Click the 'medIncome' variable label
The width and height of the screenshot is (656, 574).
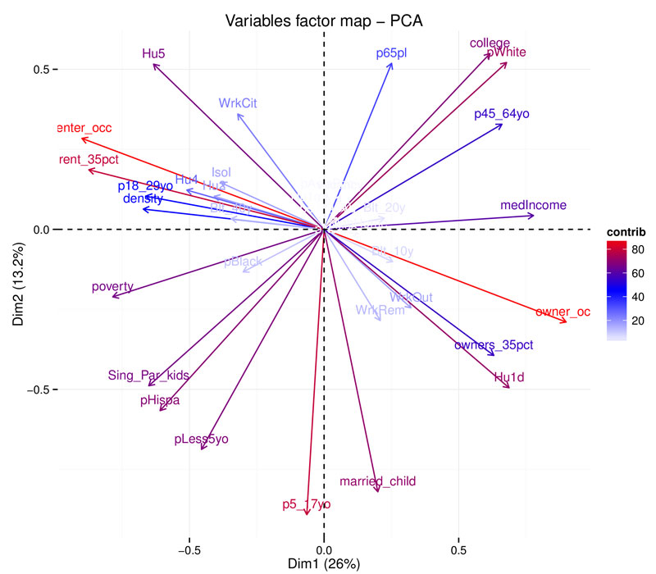coord(533,205)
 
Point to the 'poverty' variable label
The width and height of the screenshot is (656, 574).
coord(113,286)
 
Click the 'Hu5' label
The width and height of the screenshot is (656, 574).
coord(153,54)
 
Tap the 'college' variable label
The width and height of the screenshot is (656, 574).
coord(490,43)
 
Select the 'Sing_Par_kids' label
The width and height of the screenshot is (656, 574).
coord(148,376)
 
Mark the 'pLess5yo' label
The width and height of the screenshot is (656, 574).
coord(201,440)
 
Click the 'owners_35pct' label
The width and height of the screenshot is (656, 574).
coord(494,345)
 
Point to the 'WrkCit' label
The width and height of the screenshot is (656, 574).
coord(239,103)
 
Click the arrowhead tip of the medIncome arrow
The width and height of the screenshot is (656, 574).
coord(534,216)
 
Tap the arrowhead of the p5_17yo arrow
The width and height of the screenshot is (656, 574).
coord(307,514)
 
